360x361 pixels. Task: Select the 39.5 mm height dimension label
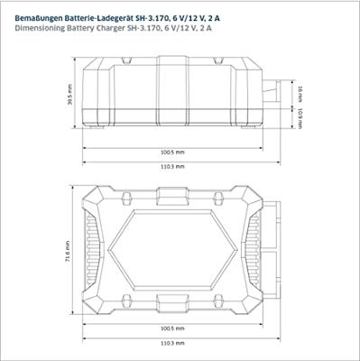click(70, 94)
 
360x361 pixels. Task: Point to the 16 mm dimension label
click(300, 94)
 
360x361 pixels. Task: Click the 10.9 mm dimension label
click(300, 118)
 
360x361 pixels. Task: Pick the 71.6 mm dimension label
click(68, 251)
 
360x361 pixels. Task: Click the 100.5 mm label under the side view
click(172, 153)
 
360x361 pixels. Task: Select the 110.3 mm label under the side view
click(172, 167)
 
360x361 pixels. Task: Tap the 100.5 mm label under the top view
click(172, 329)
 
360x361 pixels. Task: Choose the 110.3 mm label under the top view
click(172, 343)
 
